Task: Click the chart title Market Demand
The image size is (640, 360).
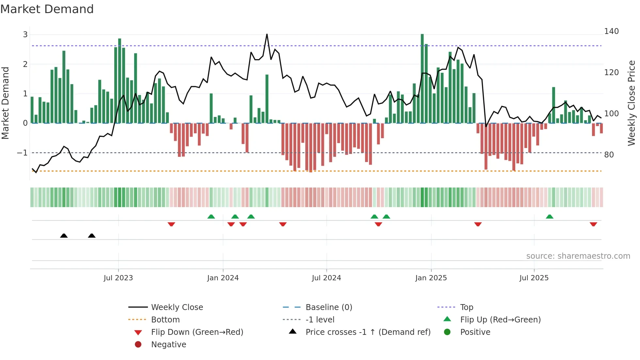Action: point(47,9)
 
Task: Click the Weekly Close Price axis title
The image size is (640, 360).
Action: point(632,103)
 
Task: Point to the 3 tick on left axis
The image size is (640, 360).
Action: point(25,35)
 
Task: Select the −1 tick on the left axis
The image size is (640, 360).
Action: point(22,153)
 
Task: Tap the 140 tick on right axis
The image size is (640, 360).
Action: point(611,31)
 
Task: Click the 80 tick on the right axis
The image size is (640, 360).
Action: point(609,155)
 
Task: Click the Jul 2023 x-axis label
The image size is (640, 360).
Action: point(118,278)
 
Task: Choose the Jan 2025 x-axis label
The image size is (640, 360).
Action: point(431,278)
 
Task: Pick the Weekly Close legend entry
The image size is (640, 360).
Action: point(177,307)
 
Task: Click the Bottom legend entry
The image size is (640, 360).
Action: point(165,320)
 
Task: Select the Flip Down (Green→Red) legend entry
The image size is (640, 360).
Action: point(197,332)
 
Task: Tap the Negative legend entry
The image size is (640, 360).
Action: point(168,345)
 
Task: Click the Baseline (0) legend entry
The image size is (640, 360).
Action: point(328,307)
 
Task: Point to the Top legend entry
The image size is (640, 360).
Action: point(467,307)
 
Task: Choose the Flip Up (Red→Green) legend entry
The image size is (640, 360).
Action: point(500,320)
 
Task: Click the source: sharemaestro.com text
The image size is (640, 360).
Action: point(578,256)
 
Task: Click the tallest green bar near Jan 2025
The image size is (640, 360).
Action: point(422,78)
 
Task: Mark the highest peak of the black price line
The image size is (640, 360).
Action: point(267,34)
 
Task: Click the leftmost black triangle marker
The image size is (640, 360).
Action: point(64,236)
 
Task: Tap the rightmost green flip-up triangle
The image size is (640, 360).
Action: point(550,217)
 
